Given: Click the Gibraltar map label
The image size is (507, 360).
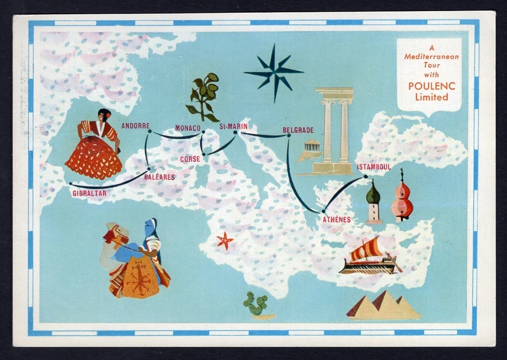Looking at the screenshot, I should click(x=89, y=193).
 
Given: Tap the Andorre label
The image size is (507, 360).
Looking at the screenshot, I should click(x=135, y=126).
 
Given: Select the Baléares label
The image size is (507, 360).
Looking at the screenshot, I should click(x=159, y=177).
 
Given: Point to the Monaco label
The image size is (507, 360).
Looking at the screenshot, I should click(x=187, y=128).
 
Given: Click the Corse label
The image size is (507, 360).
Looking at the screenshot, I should click(x=190, y=159).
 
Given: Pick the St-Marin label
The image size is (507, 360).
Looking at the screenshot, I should click(x=233, y=126).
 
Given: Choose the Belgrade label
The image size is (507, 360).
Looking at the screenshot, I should click(x=298, y=130).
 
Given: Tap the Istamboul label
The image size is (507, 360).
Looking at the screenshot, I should click(x=374, y=167).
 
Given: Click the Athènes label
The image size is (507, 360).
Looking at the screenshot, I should click(x=336, y=219).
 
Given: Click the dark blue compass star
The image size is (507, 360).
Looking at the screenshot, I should click(x=274, y=71).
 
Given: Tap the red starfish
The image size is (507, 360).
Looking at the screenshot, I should click(x=224, y=241).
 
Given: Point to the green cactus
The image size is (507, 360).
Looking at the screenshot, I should click(x=256, y=304).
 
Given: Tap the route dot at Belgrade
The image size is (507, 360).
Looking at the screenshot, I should click(x=288, y=136).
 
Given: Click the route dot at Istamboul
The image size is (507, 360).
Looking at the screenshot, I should click(x=365, y=176).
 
